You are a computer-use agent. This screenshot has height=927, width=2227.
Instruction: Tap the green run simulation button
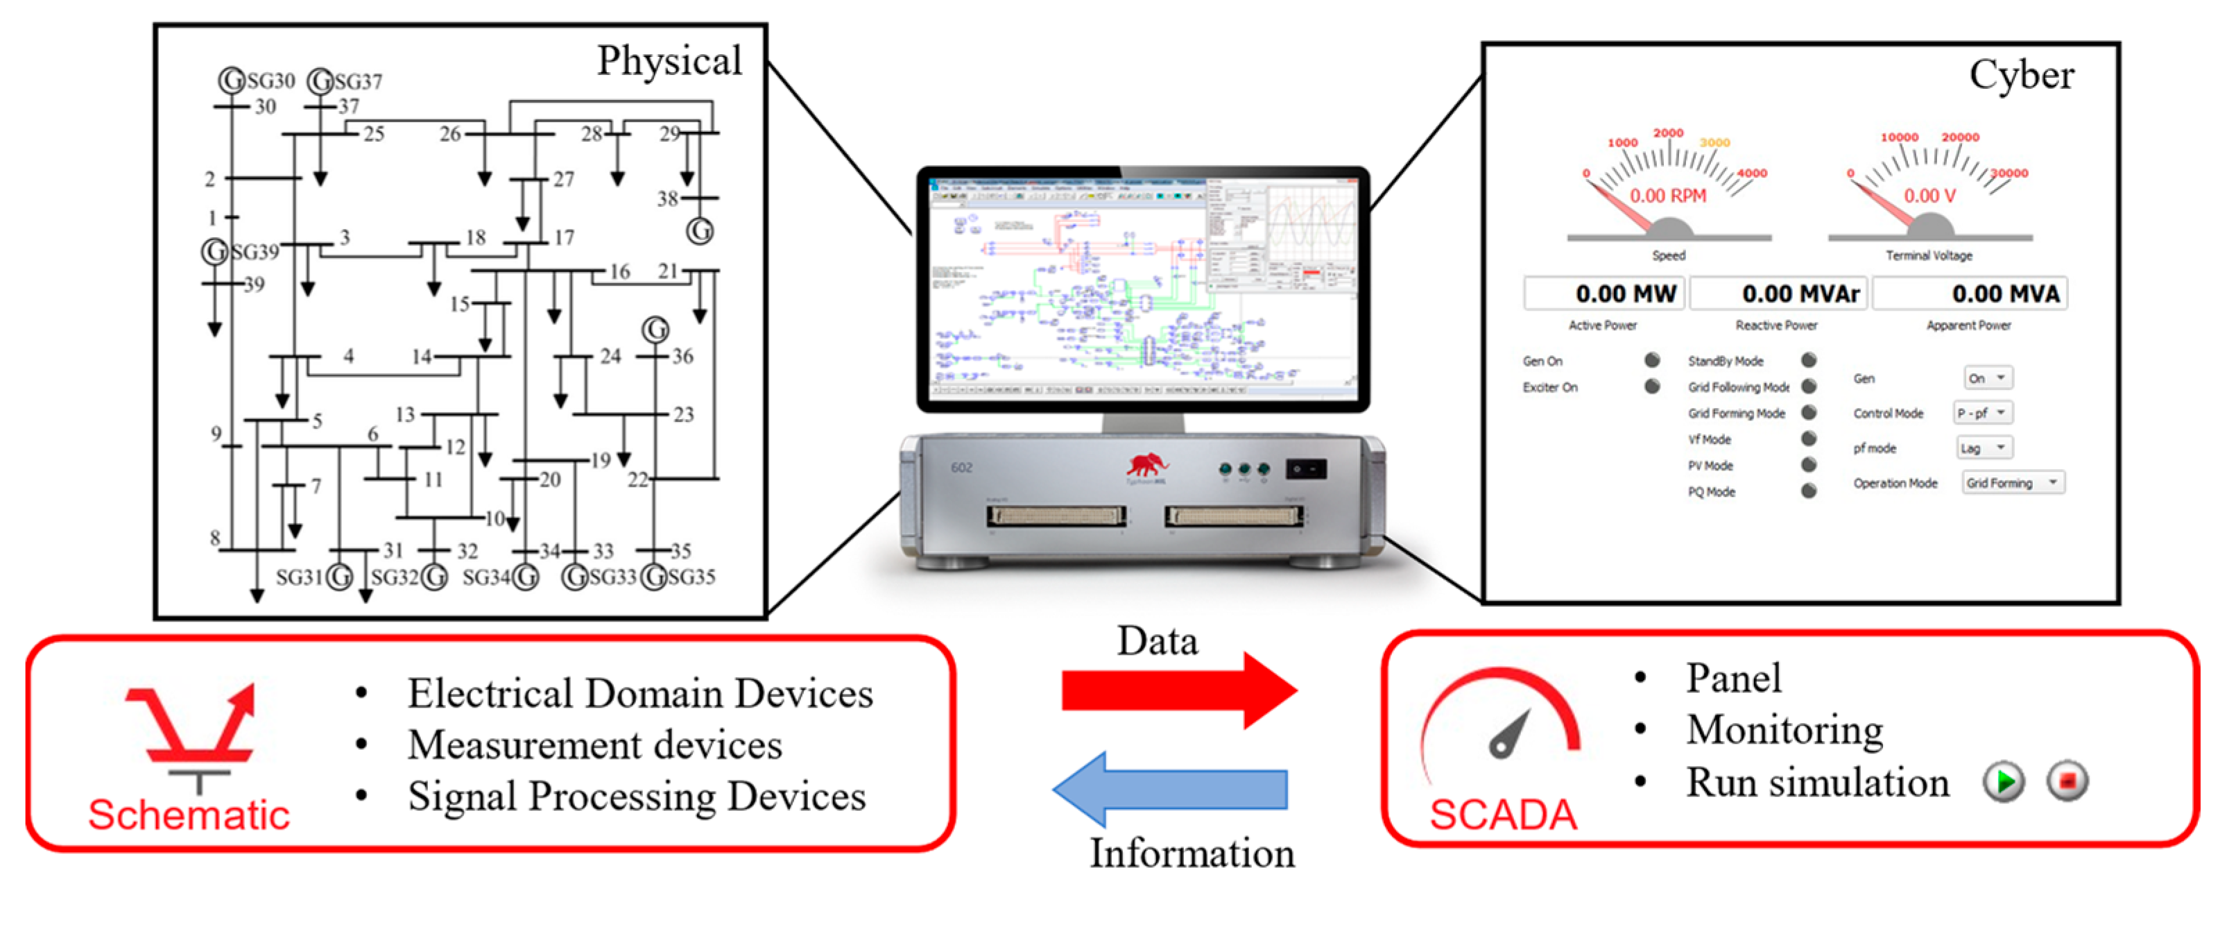point(2003,782)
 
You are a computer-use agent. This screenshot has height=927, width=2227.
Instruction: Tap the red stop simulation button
point(2067,782)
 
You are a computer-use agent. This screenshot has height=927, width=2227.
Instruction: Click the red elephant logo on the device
point(1146,467)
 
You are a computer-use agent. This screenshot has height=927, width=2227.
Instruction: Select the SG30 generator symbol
point(231,80)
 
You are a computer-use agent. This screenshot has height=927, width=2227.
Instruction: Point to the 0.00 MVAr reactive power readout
point(1779,294)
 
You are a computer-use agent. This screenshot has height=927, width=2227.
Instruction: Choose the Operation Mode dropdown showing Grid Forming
point(2013,482)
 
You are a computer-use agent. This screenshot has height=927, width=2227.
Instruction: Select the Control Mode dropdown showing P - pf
point(1983,414)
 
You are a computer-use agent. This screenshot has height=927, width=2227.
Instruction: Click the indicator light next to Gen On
point(1652,359)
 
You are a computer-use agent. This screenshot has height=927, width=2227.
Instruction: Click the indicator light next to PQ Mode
point(1809,491)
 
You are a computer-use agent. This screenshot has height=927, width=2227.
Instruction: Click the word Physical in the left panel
point(669,60)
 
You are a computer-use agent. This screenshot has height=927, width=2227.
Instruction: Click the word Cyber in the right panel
point(2021,75)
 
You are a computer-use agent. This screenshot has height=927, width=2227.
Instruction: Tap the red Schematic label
point(189,815)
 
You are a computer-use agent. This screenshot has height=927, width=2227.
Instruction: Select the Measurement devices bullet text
point(595,745)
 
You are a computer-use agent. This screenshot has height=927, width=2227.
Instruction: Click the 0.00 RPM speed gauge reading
point(1668,196)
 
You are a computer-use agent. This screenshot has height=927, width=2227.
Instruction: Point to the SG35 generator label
point(691,577)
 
